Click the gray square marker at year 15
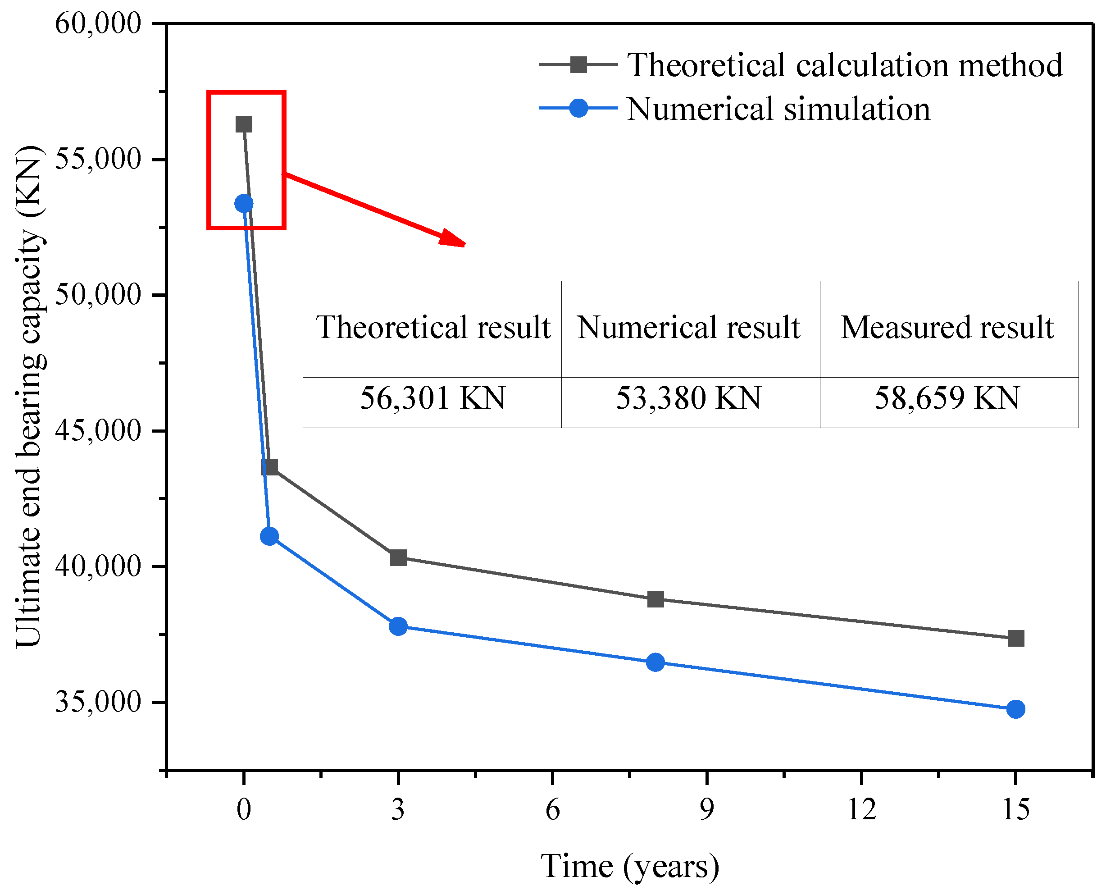pyautogui.click(x=1015, y=638)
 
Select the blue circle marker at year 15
pyautogui.click(x=1015, y=709)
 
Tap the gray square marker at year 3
pyautogui.click(x=398, y=557)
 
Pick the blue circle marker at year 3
pyautogui.click(x=398, y=626)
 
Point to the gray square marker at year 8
pyautogui.click(x=655, y=599)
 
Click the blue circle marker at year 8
pyautogui.click(x=655, y=662)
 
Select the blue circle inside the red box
pyautogui.click(x=244, y=204)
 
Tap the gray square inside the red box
pyautogui.click(x=244, y=124)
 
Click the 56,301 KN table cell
pyautogui.click(x=432, y=402)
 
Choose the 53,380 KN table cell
pyautogui.click(x=691, y=402)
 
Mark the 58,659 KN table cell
pyautogui.click(x=949, y=402)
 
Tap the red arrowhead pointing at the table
pyautogui.click(x=454, y=239)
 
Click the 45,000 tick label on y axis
pyautogui.click(x=98, y=430)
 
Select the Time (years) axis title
pyautogui.click(x=630, y=866)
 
